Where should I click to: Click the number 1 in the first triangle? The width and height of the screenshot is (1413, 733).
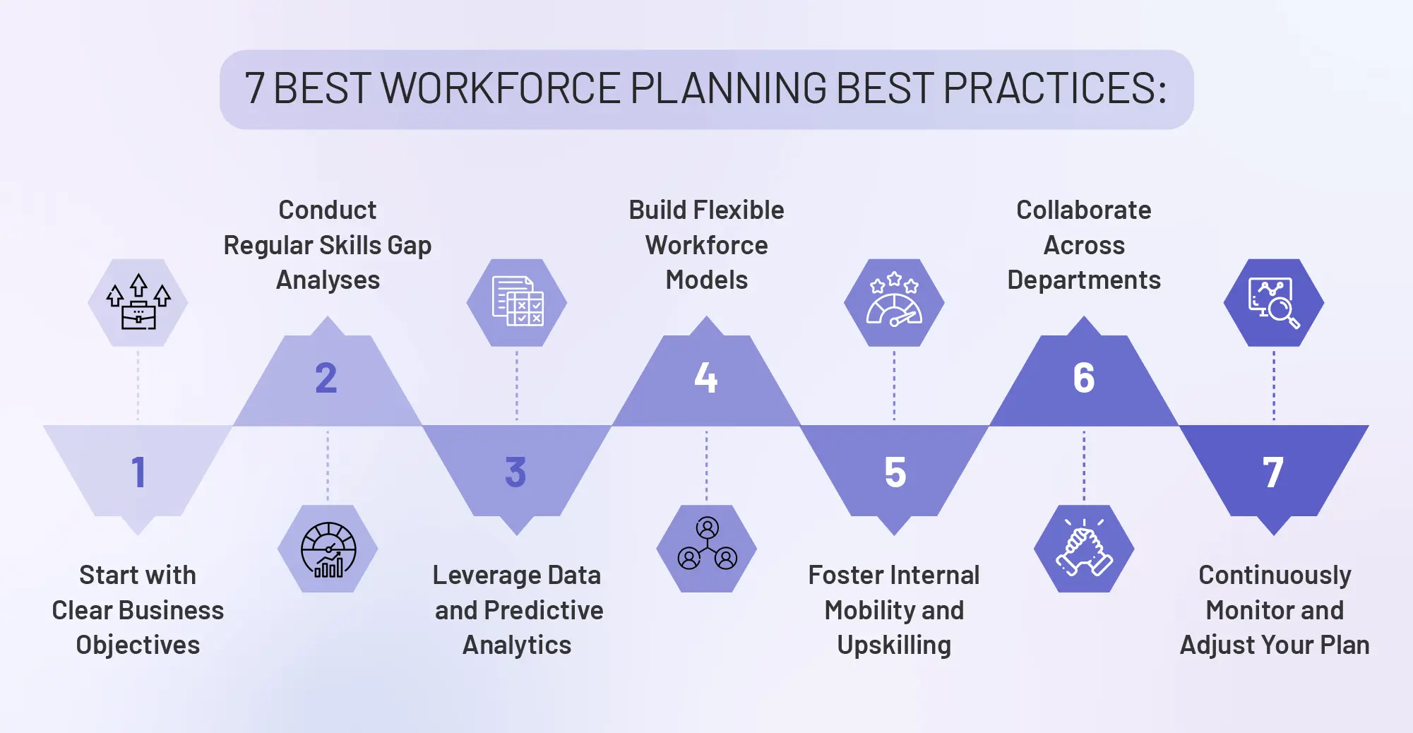point(138,472)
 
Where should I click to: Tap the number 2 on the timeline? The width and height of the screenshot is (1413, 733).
point(326,378)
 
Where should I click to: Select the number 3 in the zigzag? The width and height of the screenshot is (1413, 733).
point(515,472)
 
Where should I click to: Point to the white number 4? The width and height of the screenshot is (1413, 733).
point(705,378)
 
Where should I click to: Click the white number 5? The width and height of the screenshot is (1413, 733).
point(895,472)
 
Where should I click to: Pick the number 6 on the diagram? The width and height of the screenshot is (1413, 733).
point(1084,378)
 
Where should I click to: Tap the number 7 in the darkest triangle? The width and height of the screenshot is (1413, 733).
point(1273,472)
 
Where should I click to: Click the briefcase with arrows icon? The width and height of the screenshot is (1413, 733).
point(138,302)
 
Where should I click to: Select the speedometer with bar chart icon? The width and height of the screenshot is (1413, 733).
point(328,549)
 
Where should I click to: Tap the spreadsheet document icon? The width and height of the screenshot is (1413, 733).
point(517,302)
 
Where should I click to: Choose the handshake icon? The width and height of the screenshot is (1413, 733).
point(1084,549)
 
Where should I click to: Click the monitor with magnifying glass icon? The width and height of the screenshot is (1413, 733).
point(1273,302)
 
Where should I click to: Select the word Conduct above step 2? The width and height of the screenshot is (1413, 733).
point(328,210)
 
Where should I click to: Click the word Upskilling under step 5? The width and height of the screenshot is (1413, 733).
point(894,645)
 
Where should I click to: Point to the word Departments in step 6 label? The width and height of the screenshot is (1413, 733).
point(1084,280)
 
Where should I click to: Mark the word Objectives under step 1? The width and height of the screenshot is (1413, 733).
point(138,645)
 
